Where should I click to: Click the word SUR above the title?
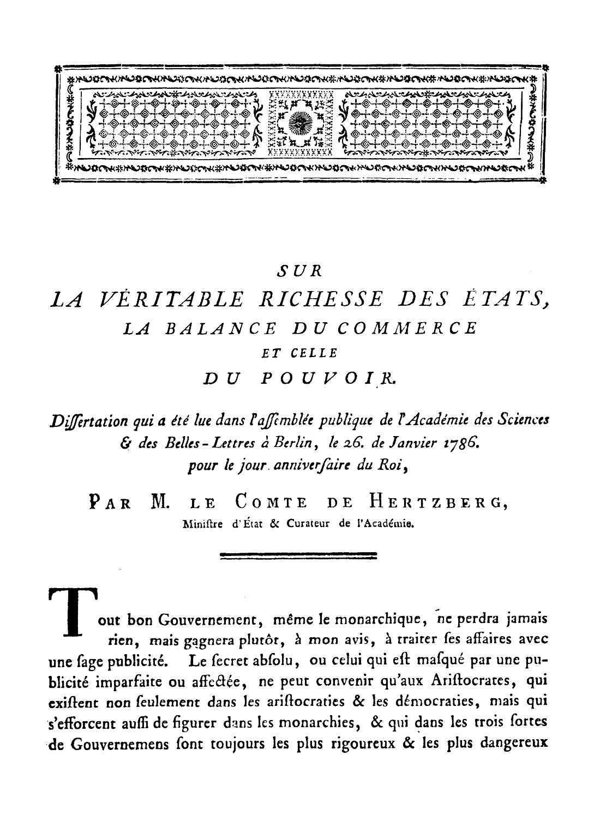302,269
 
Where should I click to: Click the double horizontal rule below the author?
298,556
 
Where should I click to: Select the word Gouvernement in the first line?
198,620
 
